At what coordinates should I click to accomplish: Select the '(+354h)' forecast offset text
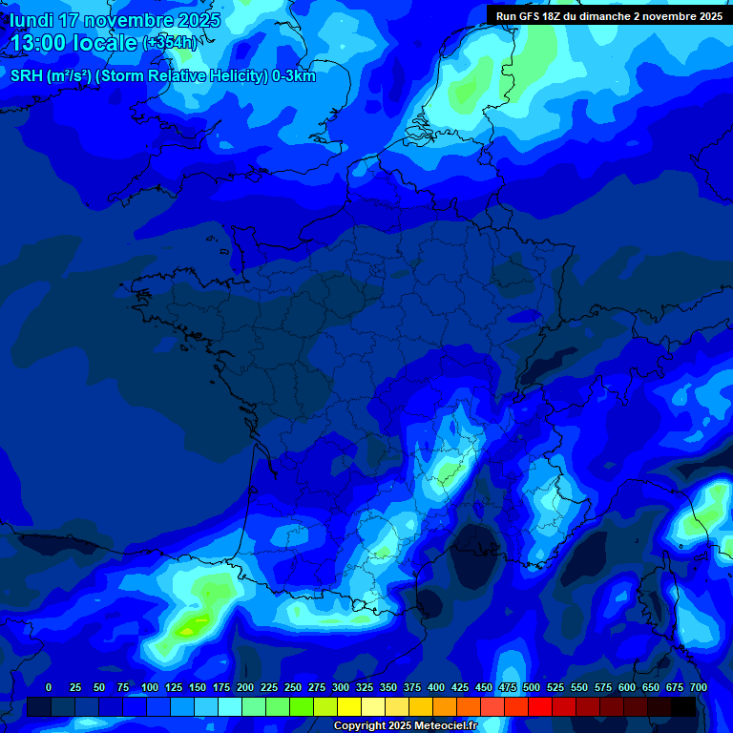169,43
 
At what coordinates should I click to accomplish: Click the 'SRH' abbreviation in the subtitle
26,76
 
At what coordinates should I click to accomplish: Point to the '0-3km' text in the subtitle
294,76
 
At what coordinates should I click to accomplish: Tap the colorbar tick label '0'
49,687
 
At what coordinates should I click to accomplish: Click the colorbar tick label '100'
150,687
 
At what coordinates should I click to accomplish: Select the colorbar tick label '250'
293,687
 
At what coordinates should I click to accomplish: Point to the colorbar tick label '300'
341,687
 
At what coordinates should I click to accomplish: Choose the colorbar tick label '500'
532,687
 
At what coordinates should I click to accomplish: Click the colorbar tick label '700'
699,687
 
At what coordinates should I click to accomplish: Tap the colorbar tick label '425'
460,687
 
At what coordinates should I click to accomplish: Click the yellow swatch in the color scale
349,706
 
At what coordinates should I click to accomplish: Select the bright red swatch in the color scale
540,706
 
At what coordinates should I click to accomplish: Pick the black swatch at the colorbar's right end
683,706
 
